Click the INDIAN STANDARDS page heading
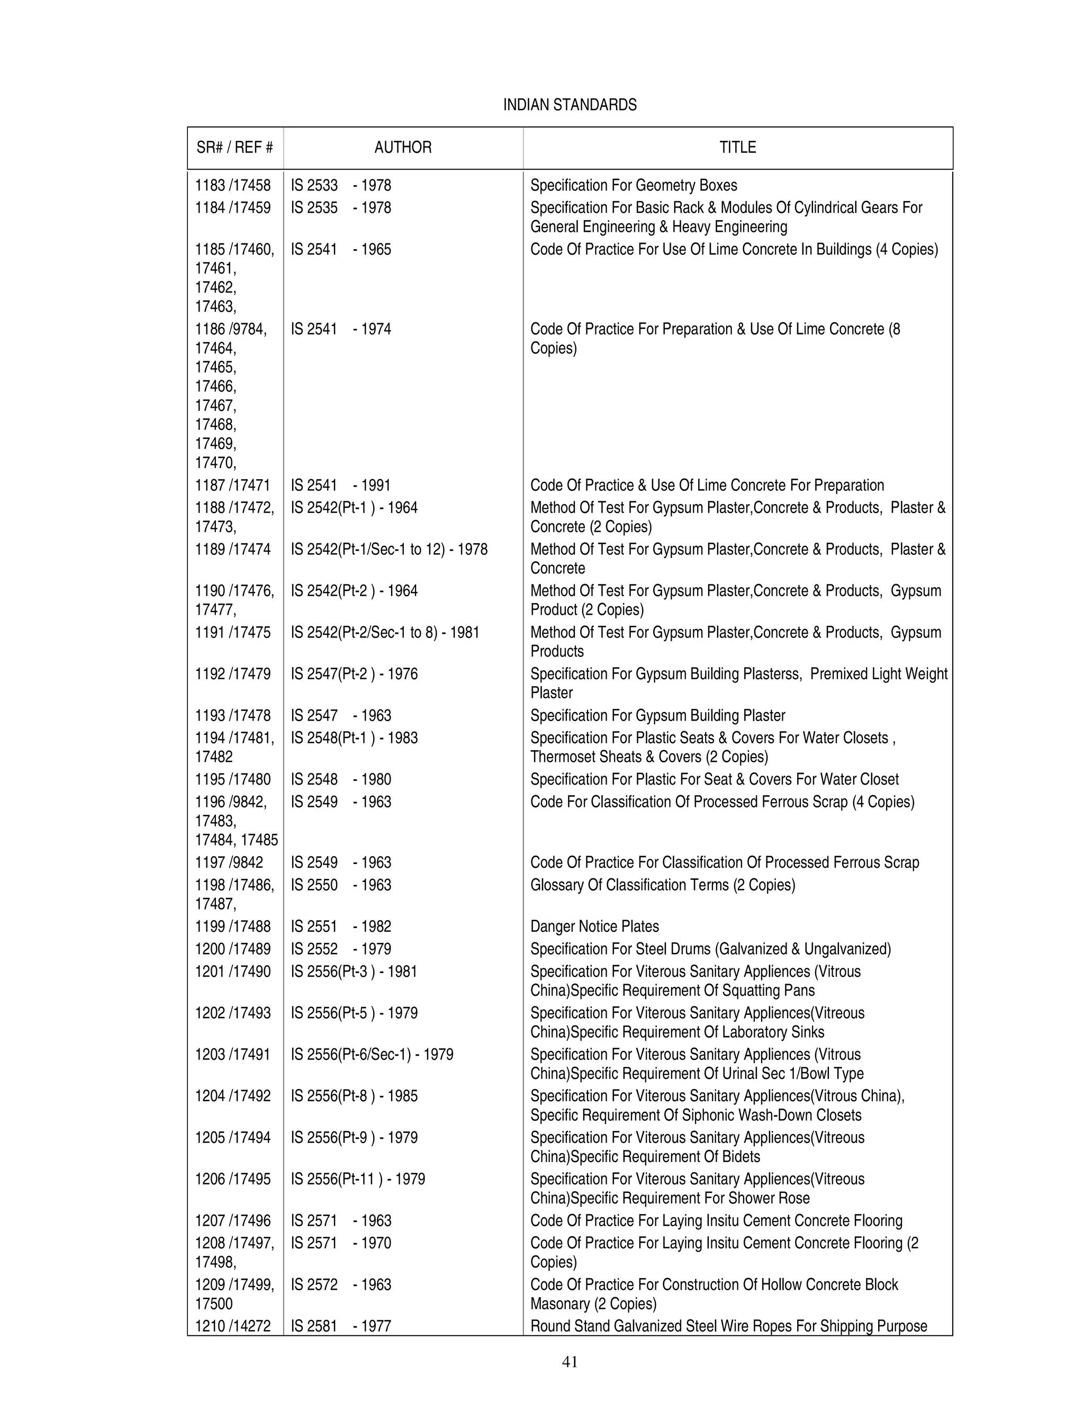click(570, 105)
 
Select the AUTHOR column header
click(403, 147)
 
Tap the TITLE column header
click(737, 147)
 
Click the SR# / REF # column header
click(234, 147)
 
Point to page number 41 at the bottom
click(570, 1361)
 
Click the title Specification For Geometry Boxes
click(633, 186)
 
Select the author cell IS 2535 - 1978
click(340, 208)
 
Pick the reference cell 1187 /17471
click(232, 485)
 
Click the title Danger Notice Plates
click(594, 927)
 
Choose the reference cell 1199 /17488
click(232, 927)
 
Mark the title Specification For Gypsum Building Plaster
click(657, 716)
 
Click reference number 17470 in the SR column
click(215, 463)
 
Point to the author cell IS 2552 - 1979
click(340, 949)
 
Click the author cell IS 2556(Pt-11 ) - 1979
click(358, 1179)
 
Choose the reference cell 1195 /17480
click(232, 779)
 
